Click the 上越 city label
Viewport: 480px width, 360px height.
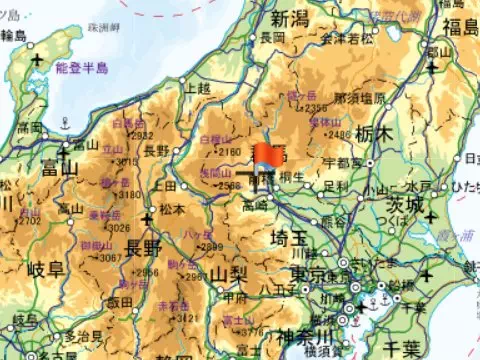coord(200,87)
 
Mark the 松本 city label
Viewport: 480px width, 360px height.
coord(173,210)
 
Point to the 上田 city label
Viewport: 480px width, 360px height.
coord(166,185)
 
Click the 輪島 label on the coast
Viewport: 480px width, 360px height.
coord(13,36)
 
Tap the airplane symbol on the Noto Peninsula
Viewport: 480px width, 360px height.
coord(38,61)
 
